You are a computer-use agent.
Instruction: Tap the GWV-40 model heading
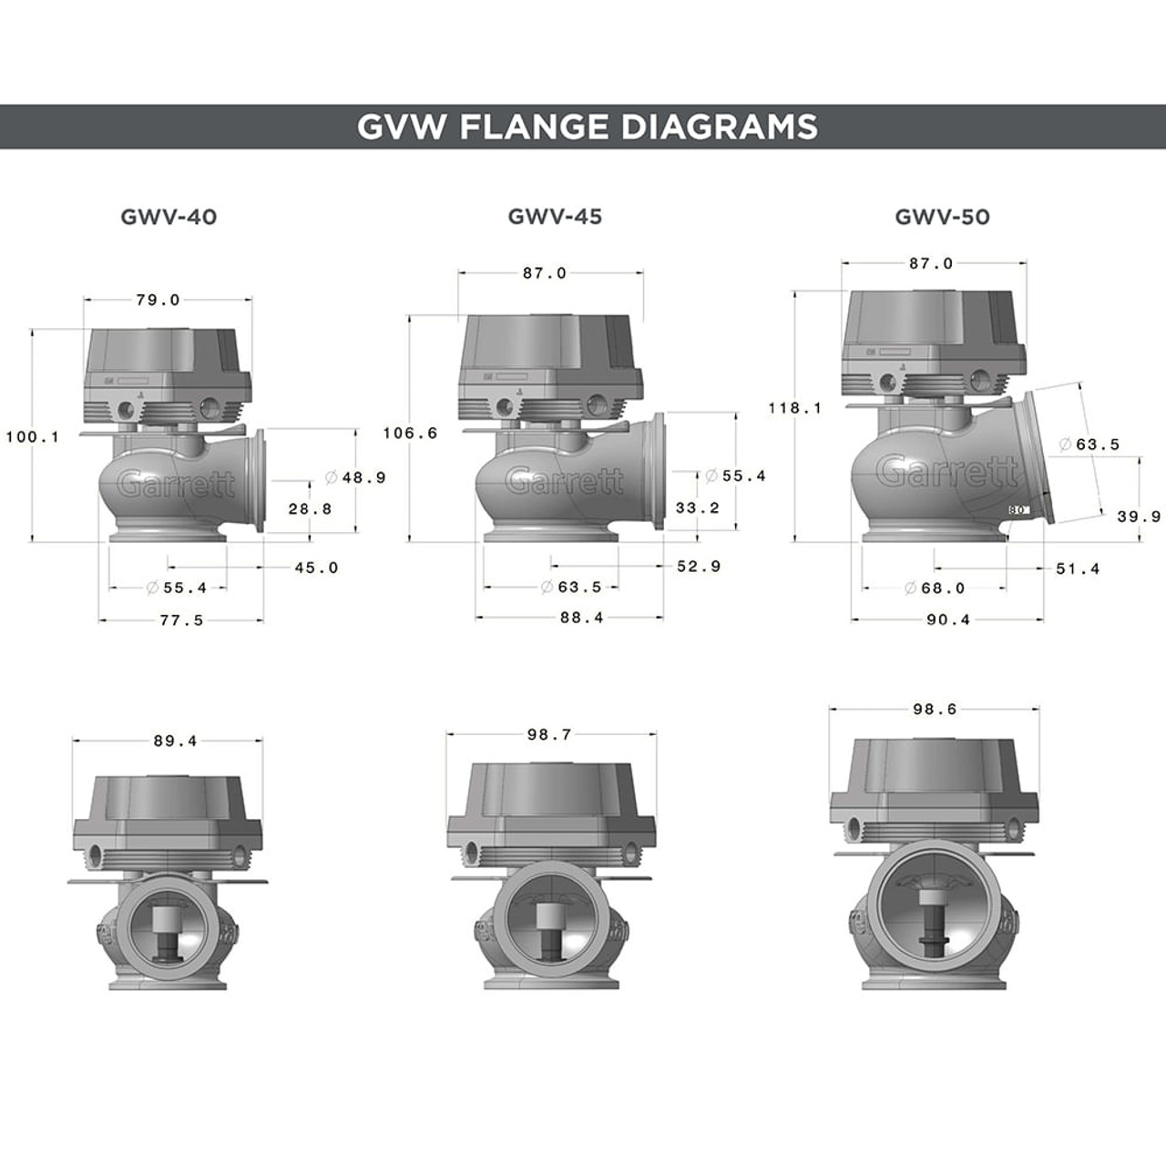pos(169,217)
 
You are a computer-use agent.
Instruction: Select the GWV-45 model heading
pos(555,217)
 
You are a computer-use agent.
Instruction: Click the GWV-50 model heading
pos(942,217)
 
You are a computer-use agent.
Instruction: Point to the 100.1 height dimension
pos(32,437)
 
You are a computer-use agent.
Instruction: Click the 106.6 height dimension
pos(410,434)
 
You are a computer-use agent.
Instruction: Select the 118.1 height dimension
pos(794,408)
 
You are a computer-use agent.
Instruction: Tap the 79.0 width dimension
pos(159,300)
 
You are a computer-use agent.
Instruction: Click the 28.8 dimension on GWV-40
pos(311,509)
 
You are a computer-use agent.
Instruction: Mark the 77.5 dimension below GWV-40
pos(180,620)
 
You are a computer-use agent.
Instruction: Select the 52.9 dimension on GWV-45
pos(699,567)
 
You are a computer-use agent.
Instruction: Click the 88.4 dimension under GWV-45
pos(582,618)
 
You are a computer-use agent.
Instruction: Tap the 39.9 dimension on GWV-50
pos(1139,517)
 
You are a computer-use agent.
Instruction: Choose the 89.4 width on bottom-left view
pos(175,742)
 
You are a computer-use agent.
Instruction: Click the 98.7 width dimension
pos(548,734)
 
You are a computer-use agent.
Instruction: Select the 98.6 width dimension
pos(935,709)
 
